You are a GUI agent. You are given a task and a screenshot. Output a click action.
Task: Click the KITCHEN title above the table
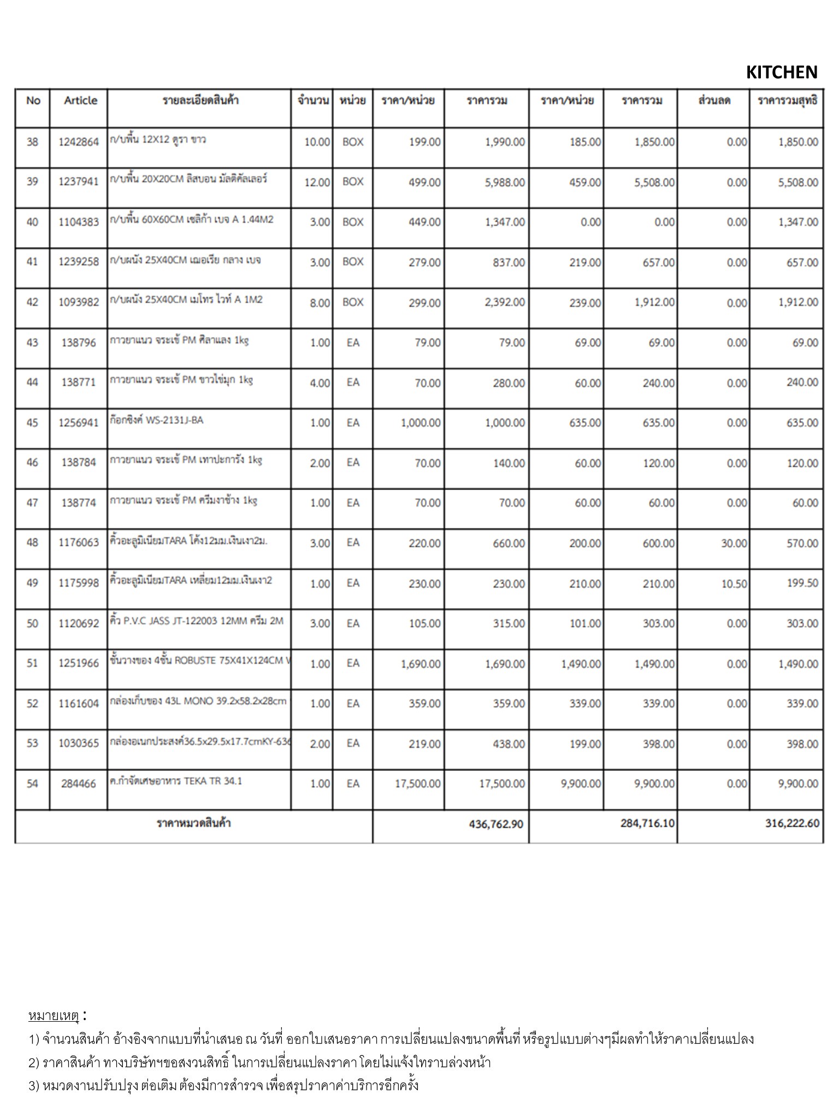tap(781, 73)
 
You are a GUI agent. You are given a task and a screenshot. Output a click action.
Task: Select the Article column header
tap(80, 101)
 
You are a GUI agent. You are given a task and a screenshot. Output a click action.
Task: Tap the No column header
tap(33, 101)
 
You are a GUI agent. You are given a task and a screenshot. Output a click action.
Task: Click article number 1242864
tap(79, 142)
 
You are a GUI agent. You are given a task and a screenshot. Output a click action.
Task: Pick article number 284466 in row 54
tap(79, 784)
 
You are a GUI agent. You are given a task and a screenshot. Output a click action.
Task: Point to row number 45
tap(32, 423)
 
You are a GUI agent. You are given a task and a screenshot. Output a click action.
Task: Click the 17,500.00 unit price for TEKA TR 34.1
tap(417, 784)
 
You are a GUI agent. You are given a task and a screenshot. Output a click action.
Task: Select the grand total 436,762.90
tap(496, 823)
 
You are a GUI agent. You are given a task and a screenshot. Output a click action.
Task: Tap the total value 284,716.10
tap(647, 823)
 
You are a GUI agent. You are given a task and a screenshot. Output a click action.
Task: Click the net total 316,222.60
tap(792, 823)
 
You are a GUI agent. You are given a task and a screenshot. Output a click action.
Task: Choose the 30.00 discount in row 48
tap(734, 543)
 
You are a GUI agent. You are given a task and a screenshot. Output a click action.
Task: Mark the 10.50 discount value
tap(734, 584)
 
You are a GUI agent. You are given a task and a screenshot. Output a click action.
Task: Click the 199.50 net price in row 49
tap(802, 583)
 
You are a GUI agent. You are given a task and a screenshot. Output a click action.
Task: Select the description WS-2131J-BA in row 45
tap(156, 420)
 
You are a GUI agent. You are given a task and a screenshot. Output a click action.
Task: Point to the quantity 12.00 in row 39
tap(317, 182)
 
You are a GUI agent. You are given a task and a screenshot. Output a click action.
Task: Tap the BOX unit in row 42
tap(353, 302)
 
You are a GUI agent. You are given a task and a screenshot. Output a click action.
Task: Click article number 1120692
tap(79, 623)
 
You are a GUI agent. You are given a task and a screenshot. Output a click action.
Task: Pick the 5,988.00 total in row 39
tap(505, 182)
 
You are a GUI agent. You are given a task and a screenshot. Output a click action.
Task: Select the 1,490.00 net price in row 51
tap(798, 664)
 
